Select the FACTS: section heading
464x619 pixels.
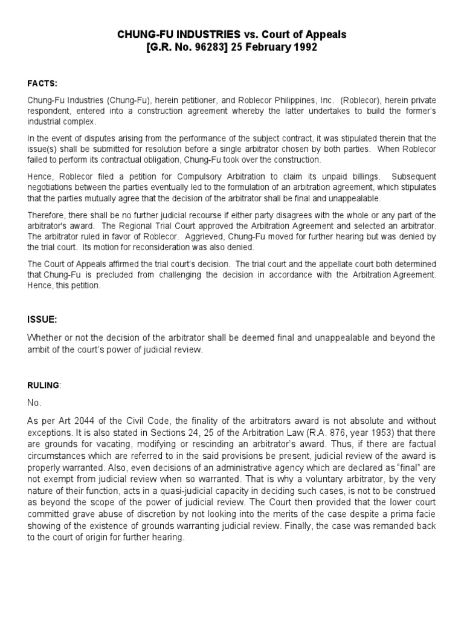point(41,83)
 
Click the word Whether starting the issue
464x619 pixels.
point(44,338)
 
